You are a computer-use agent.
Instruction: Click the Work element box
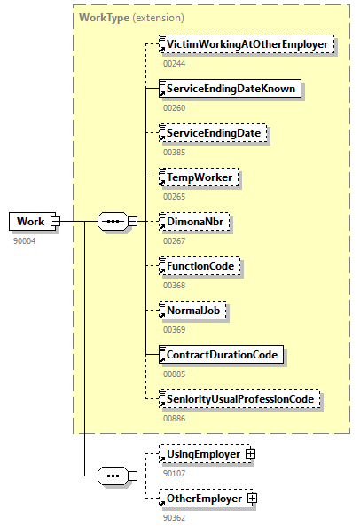coord(30,221)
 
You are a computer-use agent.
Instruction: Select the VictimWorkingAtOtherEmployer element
coord(246,43)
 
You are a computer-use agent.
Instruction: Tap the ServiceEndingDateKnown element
coord(230,88)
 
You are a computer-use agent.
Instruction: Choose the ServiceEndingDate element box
coord(213,132)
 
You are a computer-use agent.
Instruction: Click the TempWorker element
coord(199,177)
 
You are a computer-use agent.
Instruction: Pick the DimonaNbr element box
coord(193,221)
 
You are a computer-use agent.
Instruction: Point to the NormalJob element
coord(192,311)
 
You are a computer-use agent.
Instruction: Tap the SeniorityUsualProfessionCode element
coord(239,399)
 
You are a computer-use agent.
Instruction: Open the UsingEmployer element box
coord(204,454)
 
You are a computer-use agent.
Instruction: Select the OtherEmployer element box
coord(205,499)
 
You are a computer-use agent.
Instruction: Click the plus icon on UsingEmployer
coord(249,454)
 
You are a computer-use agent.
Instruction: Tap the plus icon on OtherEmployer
coord(252,499)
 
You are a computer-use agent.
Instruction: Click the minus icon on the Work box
coord(55,221)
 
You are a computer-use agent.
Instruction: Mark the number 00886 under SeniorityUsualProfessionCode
coord(175,417)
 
